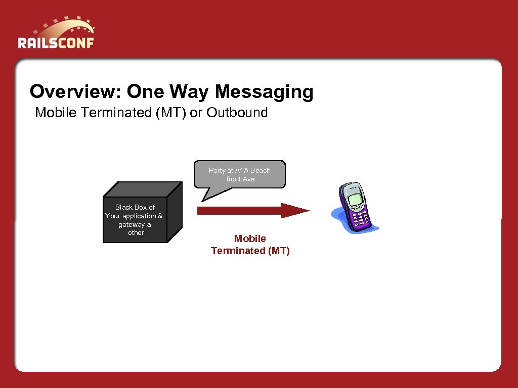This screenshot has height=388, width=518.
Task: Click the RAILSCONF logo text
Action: [56, 42]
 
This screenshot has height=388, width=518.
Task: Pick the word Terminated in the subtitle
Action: [116, 113]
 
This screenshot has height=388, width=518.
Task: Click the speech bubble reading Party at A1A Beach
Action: [240, 175]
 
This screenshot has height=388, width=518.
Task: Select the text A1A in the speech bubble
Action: [242, 171]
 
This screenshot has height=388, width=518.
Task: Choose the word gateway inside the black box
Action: [131, 225]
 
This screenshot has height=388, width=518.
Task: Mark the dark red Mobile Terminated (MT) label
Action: [250, 245]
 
